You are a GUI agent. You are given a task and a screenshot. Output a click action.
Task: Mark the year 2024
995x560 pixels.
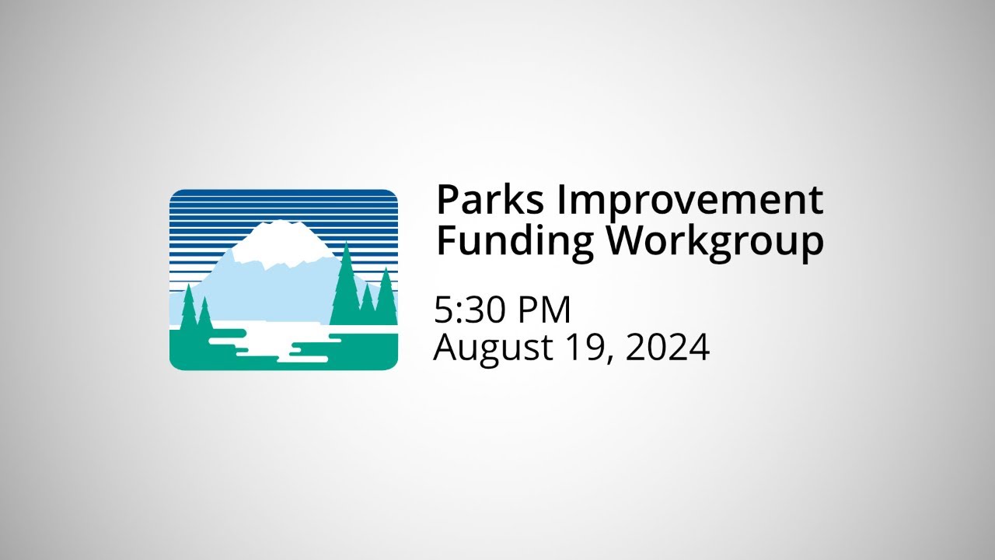tap(667, 347)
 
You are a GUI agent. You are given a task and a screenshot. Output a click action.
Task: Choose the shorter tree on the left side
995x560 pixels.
tap(205, 315)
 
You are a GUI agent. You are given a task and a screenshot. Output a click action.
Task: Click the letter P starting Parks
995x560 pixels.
tap(445, 201)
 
